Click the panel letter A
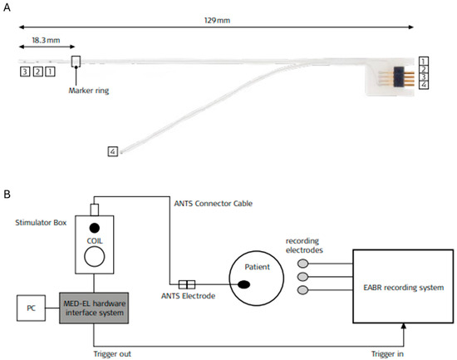tap(8, 7)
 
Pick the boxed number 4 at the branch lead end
tap(112, 151)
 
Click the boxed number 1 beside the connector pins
tap(425, 62)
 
